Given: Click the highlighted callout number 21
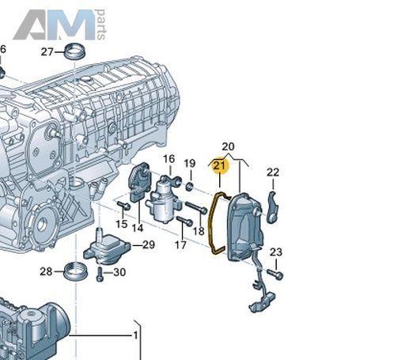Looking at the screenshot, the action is (220, 165).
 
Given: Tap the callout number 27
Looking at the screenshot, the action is (47, 52).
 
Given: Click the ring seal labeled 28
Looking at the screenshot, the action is (76, 271).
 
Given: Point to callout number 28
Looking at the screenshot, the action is (46, 271).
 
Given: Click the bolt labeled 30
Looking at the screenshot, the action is (100, 275).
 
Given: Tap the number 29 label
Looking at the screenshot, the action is (149, 245).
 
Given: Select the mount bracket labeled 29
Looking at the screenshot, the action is (107, 247).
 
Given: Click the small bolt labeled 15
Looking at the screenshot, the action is (123, 206).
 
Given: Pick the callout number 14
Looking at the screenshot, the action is (138, 228).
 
